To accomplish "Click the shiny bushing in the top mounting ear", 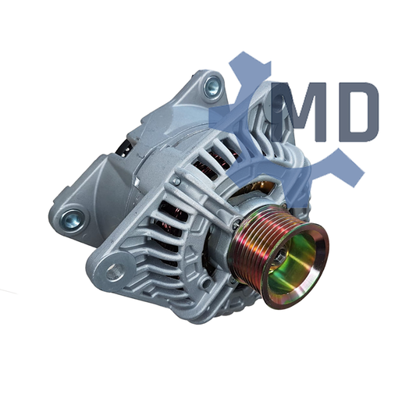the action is click(212, 87).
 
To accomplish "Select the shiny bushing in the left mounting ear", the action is click(72, 219).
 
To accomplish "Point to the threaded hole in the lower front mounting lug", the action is click(115, 272).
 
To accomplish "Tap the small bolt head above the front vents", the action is click(176, 182).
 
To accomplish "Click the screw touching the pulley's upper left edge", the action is click(236, 225).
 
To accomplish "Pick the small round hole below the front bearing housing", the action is click(205, 283).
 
